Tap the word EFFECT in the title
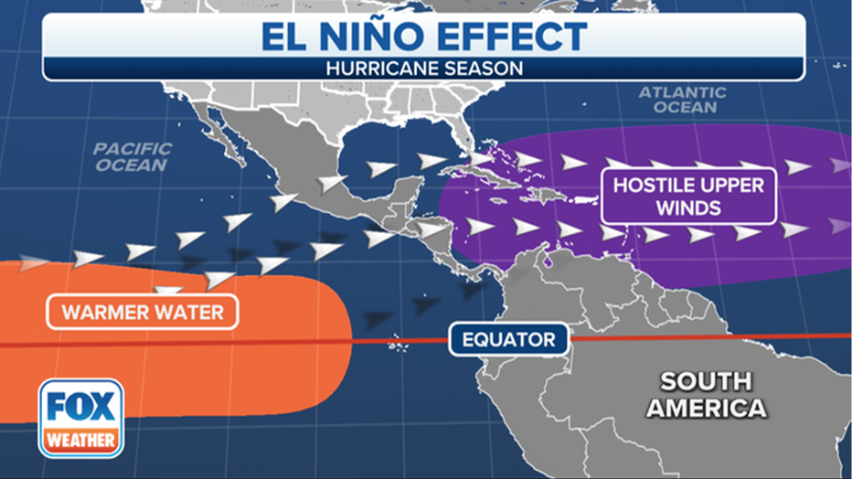tap(510, 37)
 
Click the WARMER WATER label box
tap(143, 313)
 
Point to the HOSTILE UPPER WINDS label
tap(688, 196)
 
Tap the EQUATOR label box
tap(508, 340)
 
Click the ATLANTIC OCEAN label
tap(682, 100)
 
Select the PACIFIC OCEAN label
tap(133, 156)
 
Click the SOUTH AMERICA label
tap(706, 394)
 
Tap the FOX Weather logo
tap(81, 418)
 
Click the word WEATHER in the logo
tap(81, 440)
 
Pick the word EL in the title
tap(284, 37)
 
